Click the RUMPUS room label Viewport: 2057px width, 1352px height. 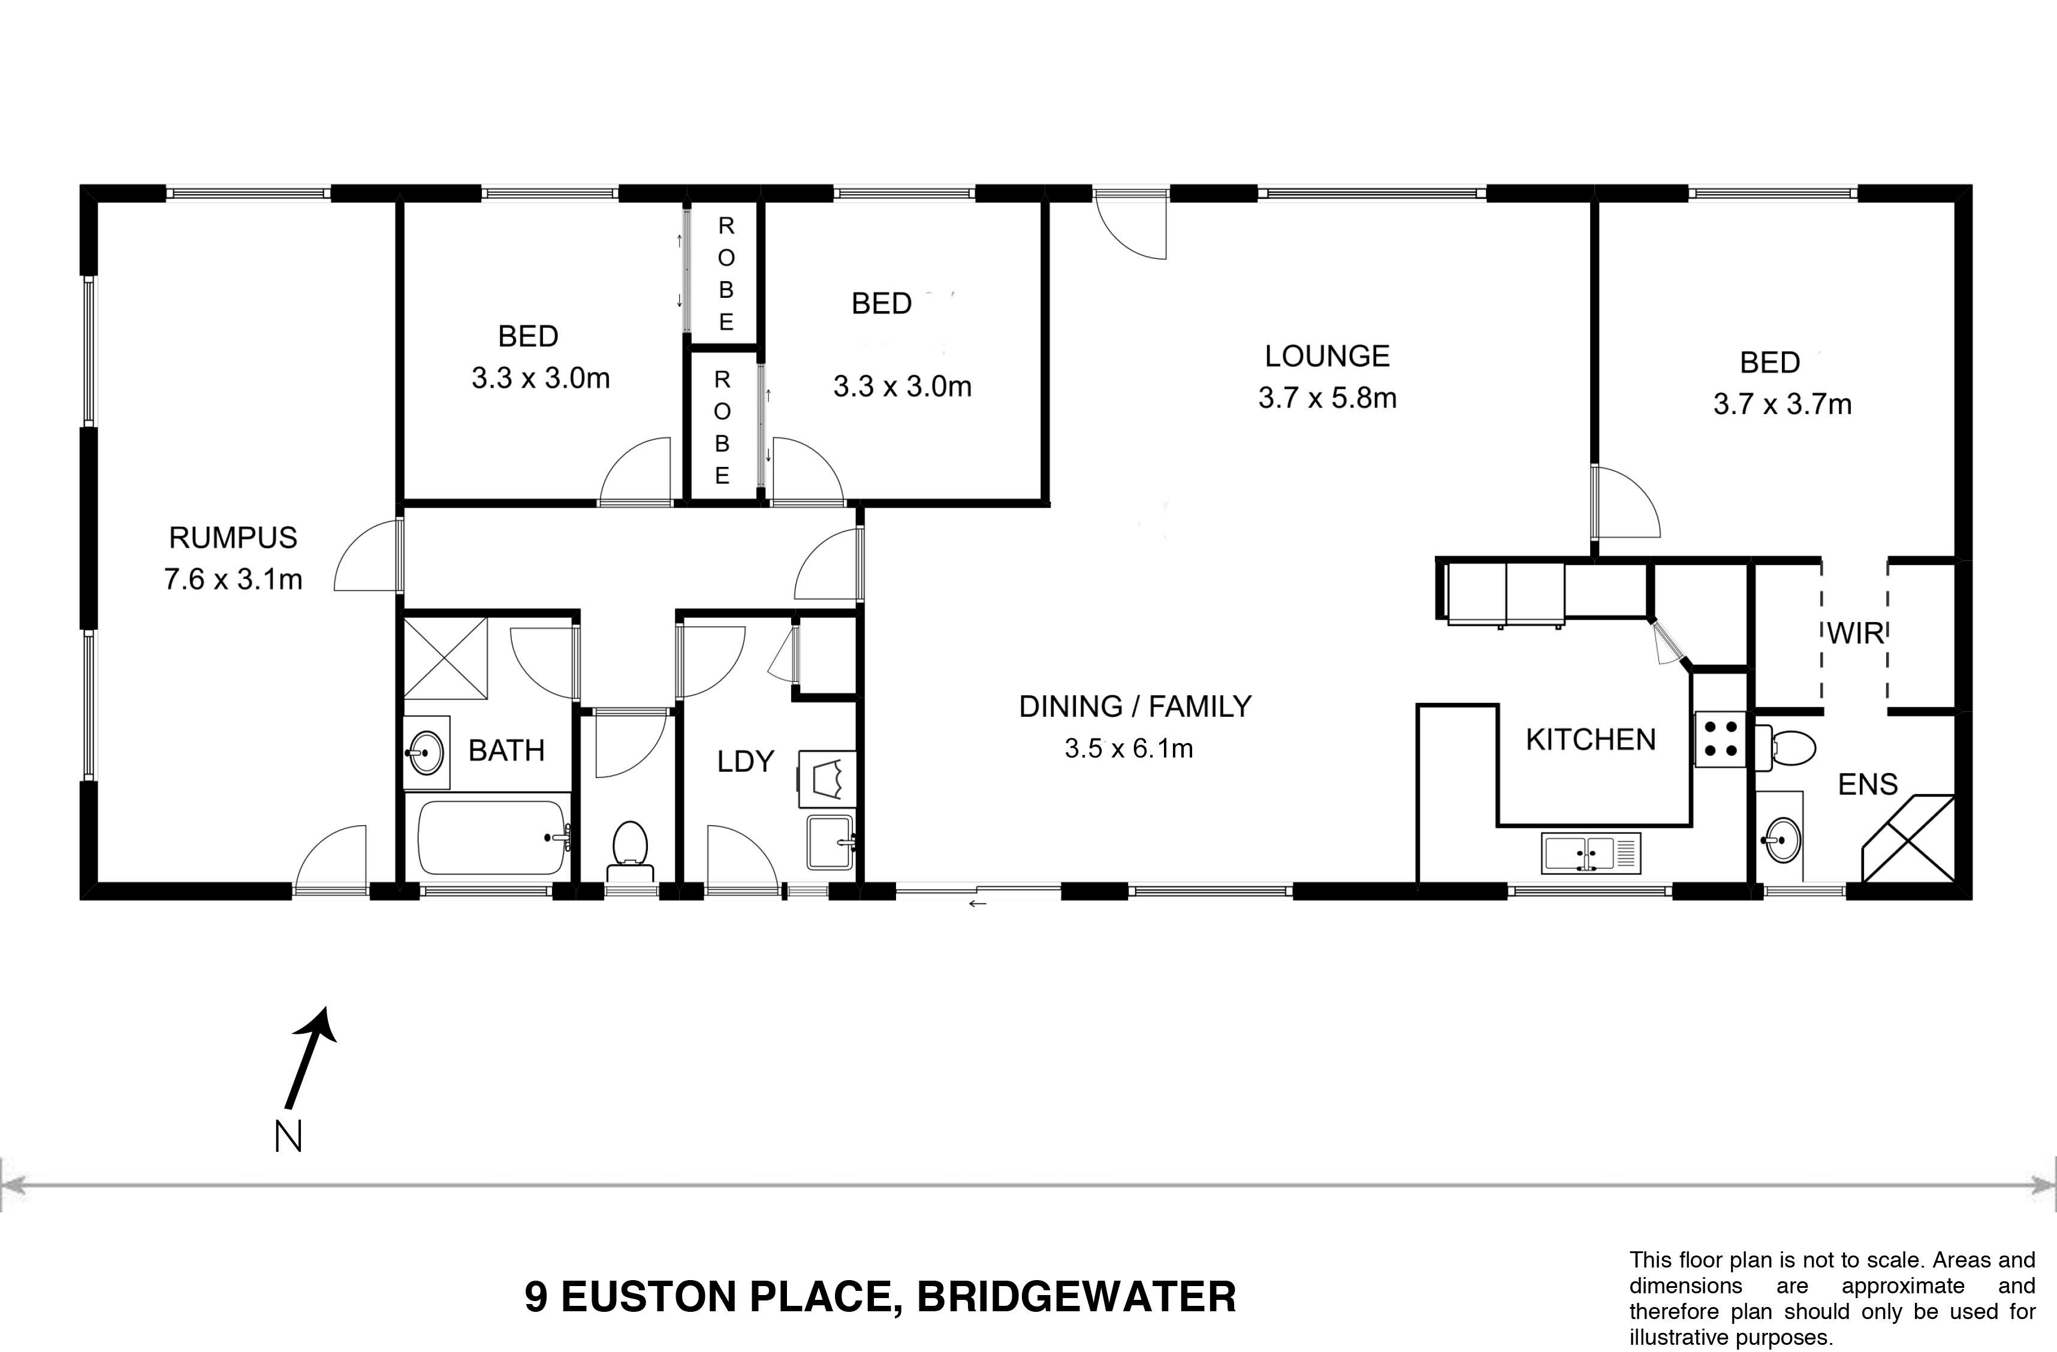click(x=233, y=538)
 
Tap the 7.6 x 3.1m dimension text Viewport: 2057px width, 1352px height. click(x=233, y=579)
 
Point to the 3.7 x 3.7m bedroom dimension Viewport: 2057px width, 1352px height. click(x=1782, y=405)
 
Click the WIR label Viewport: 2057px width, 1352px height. click(x=1856, y=633)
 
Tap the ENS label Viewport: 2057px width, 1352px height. click(x=1867, y=784)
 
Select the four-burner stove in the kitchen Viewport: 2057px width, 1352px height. click(x=1720, y=739)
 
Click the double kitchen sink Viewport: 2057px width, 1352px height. click(x=1591, y=852)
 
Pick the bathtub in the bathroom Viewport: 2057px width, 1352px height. click(x=493, y=837)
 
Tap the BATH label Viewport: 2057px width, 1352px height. click(x=506, y=750)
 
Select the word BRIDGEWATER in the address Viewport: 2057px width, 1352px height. click(x=1076, y=1297)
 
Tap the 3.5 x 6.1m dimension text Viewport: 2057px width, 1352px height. click(x=1129, y=749)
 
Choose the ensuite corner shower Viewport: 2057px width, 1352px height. click(x=1908, y=838)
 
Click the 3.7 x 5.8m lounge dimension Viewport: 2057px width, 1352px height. click(x=1328, y=399)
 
